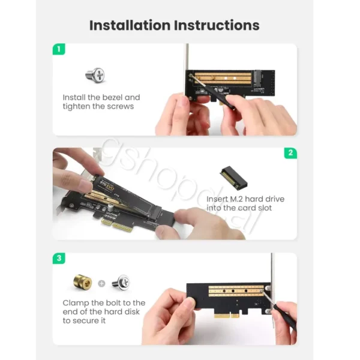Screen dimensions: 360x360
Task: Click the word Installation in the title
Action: click(130, 25)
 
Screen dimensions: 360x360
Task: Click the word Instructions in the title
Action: click(217, 25)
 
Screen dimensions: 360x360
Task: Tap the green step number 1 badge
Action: click(59, 49)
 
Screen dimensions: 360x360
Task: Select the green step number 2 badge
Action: click(290, 153)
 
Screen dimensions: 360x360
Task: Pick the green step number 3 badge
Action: click(59, 258)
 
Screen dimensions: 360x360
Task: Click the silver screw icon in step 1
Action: click(95, 75)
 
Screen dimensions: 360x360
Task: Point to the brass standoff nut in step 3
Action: click(83, 282)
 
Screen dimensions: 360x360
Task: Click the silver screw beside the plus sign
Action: click(121, 282)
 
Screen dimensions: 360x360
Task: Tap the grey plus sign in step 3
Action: click(101, 284)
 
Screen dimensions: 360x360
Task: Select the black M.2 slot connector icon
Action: click(234, 178)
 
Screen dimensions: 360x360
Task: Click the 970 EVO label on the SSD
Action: click(108, 185)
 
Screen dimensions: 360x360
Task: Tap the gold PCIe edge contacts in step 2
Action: click(118, 226)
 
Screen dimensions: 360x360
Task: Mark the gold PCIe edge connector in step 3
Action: click(226, 316)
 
